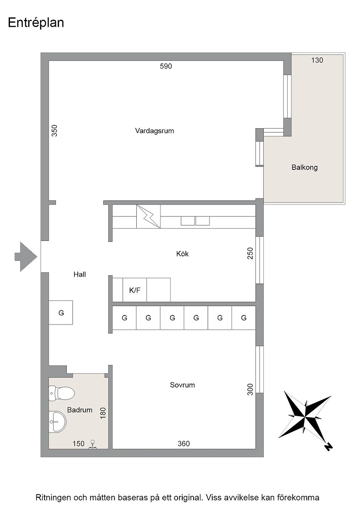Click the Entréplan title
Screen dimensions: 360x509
[x=36, y=23]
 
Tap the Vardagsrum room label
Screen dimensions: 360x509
[x=155, y=131]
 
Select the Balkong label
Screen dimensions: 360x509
[x=305, y=168]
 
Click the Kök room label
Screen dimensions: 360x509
[x=182, y=254]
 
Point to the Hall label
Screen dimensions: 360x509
[x=80, y=274]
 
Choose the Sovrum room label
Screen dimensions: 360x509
[x=182, y=385]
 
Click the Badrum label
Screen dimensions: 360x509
[x=80, y=410]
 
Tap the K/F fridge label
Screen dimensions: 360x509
[x=135, y=290]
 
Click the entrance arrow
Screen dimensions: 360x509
[x=25, y=256]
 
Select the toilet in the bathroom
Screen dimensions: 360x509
[x=62, y=393]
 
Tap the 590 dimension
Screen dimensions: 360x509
[x=166, y=66]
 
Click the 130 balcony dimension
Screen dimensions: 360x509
[x=317, y=60]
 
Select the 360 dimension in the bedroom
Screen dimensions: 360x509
[x=184, y=444]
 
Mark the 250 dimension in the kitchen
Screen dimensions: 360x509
[x=250, y=253]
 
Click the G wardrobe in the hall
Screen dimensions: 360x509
[x=61, y=313]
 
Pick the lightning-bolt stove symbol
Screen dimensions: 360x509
[x=148, y=216]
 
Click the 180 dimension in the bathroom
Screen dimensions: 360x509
[x=103, y=413]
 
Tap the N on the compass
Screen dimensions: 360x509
[x=329, y=447]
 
